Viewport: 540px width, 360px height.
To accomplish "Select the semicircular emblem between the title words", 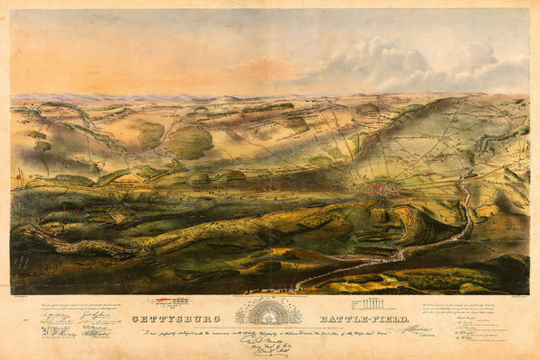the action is click(270, 312).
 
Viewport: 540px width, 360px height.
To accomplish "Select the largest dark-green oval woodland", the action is click(190, 141).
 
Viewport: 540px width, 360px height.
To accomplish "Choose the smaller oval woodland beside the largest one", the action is click(150, 134).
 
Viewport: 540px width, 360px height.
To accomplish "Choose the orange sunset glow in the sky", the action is click(270, 67).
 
